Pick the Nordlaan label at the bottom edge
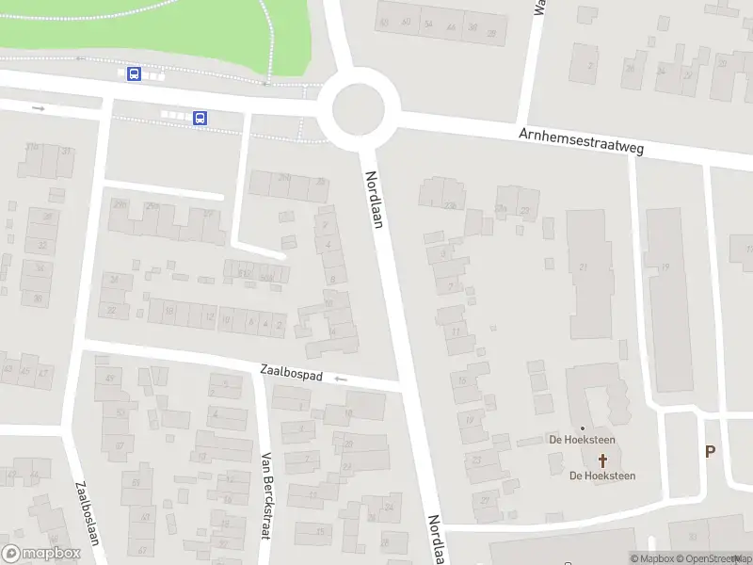(436, 540)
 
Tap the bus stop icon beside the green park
(135, 73)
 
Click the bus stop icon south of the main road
(200, 118)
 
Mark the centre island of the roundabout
(359, 109)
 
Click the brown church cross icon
(602, 460)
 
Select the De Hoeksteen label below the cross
(602, 476)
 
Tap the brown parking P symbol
(710, 451)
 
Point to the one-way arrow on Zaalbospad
(340, 379)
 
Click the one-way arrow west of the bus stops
(39, 108)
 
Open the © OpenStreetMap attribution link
(713, 558)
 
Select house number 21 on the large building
(584, 267)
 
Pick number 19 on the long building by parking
(665, 267)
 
